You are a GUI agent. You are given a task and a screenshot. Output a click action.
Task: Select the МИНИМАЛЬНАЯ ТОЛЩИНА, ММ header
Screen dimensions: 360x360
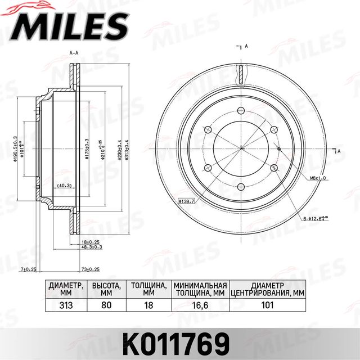(x=200, y=289)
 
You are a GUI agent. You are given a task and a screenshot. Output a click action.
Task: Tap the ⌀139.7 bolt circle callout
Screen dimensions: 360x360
(x=186, y=201)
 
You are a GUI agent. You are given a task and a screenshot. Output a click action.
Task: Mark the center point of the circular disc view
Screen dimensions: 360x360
(x=240, y=148)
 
